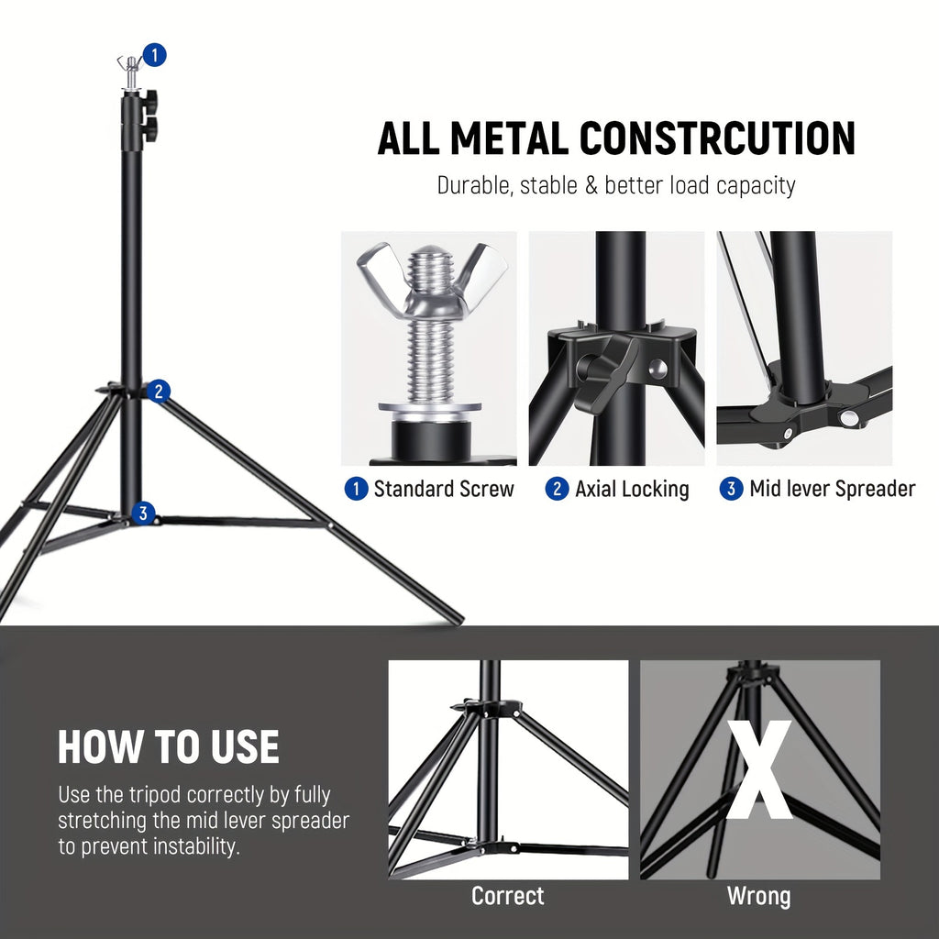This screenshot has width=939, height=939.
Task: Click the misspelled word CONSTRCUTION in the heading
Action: click(718, 138)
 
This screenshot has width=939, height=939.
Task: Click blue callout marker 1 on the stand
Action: click(156, 55)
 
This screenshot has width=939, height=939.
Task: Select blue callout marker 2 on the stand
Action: click(159, 392)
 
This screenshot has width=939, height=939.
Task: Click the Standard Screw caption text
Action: click(444, 489)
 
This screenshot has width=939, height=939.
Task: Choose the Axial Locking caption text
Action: click(632, 489)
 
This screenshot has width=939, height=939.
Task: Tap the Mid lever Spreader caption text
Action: click(832, 489)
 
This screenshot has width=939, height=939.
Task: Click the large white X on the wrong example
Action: click(759, 770)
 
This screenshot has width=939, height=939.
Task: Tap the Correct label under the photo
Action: click(507, 896)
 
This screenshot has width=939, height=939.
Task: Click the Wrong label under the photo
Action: click(758, 896)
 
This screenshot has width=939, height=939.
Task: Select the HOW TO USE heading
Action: click(169, 747)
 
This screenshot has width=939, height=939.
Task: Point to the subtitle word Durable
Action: click(473, 185)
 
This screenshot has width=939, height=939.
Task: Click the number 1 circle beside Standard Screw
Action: click(356, 489)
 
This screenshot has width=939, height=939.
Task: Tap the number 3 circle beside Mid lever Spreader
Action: click(731, 489)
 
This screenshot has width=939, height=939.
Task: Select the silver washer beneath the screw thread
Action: click(429, 408)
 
